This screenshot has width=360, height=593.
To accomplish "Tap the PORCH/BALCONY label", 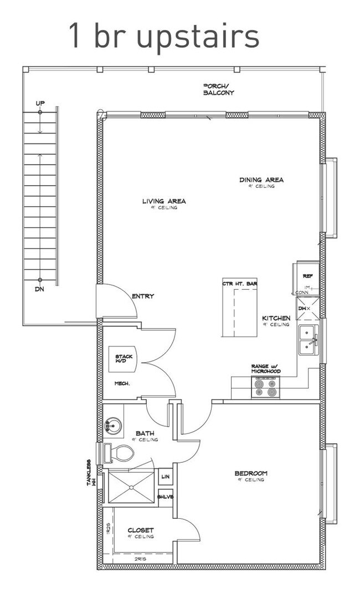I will [x=218, y=89].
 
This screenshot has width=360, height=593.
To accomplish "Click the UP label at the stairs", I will [x=40, y=104].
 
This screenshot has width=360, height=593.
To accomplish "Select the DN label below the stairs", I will [x=40, y=289].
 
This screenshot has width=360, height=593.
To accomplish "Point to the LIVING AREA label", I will [x=164, y=202].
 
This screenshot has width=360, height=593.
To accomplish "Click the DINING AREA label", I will [x=261, y=180].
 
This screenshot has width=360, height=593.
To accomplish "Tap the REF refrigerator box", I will [x=308, y=275].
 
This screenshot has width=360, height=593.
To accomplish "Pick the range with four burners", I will [x=265, y=387].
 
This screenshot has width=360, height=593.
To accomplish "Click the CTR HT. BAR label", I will [x=240, y=284].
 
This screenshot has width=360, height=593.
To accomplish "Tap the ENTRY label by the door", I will [x=143, y=296].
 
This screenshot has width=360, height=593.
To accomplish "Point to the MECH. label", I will [x=122, y=383].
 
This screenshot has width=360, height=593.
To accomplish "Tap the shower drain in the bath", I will [x=132, y=487].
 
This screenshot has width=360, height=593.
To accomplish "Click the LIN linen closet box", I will [x=165, y=477].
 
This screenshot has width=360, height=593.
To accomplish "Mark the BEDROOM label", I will [x=251, y=473].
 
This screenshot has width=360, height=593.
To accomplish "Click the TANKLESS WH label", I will [x=91, y=473].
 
